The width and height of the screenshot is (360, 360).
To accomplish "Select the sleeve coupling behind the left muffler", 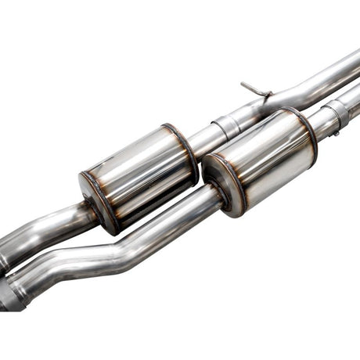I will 225,125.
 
